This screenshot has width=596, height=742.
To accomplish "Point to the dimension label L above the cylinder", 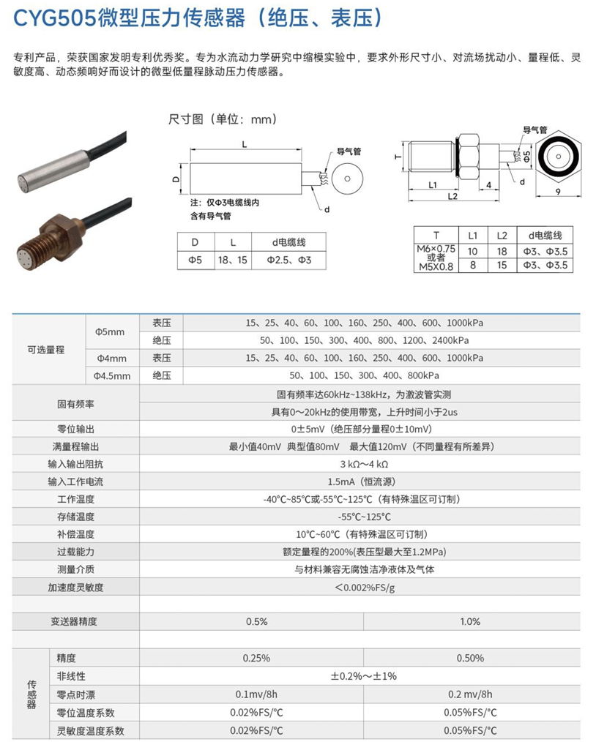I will pyautogui.click(x=244, y=144).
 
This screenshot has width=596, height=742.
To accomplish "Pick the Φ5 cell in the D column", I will pyautogui.click(x=195, y=260).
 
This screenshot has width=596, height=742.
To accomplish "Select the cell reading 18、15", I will pyautogui.click(x=233, y=260).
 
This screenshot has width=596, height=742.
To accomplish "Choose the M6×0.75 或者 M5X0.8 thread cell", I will pyautogui.click(x=436, y=258).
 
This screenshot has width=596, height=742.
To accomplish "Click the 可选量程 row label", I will pyautogui.click(x=46, y=350).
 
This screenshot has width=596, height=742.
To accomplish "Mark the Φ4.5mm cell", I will pyautogui.click(x=112, y=376).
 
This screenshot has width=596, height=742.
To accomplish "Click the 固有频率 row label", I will pyautogui.click(x=75, y=403).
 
